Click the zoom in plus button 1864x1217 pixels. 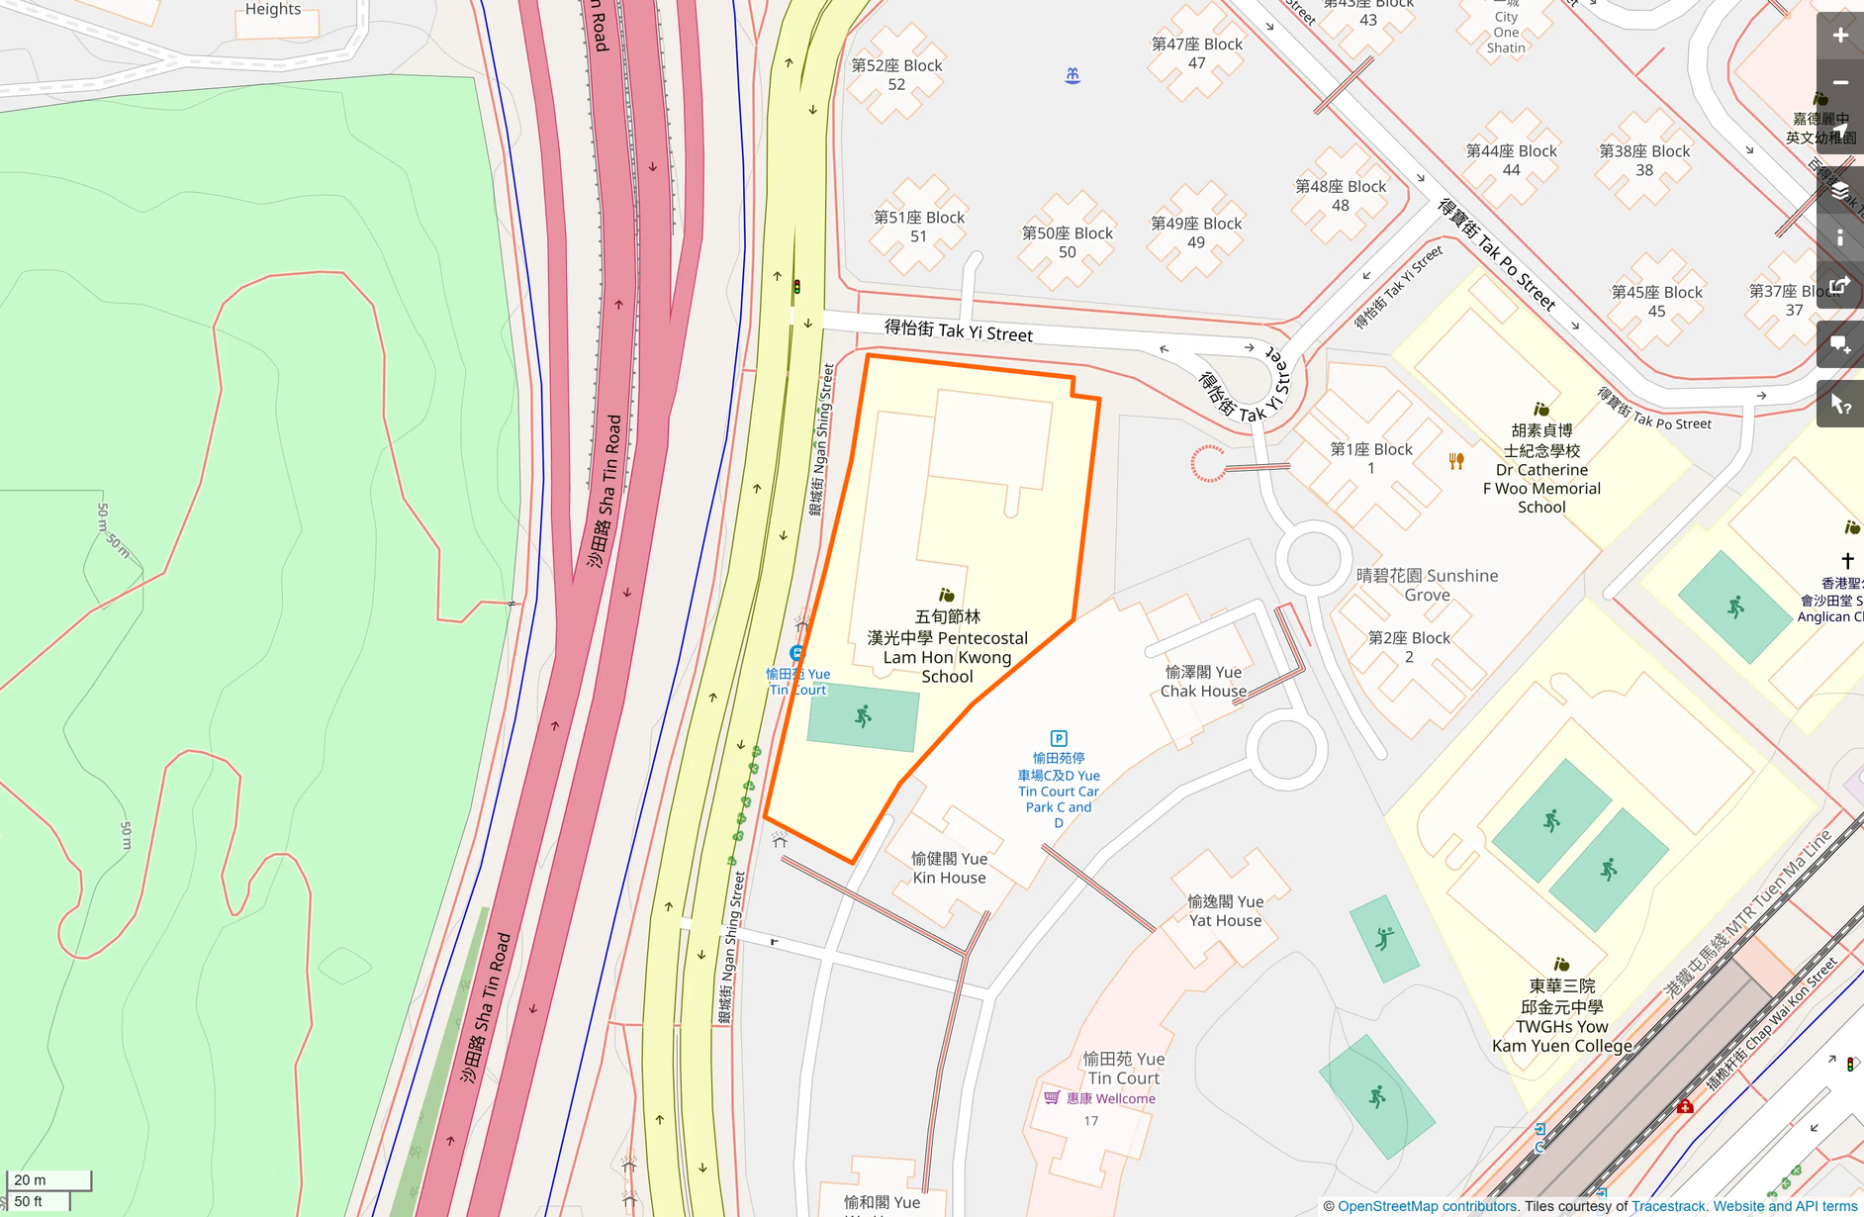(1839, 36)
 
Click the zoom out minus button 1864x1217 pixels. (1839, 83)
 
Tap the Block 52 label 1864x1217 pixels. (896, 75)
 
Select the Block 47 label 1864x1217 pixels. (1196, 53)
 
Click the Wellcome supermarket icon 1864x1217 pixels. (1052, 1097)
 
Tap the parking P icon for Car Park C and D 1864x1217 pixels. (1059, 738)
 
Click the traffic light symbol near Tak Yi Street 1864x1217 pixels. (796, 287)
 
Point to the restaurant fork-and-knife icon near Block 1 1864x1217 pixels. (1456, 461)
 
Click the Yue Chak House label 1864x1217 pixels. (1203, 682)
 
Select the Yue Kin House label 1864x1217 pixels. (949, 868)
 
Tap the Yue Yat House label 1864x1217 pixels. (1225, 910)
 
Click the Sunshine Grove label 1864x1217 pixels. (1427, 585)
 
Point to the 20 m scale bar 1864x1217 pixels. (48, 1179)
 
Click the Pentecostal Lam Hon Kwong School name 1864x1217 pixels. (947, 647)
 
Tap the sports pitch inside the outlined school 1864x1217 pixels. (863, 717)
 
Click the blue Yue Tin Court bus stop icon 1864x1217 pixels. (796, 653)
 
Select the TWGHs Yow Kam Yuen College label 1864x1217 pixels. (1561, 1016)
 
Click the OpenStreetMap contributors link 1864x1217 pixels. (1427, 1206)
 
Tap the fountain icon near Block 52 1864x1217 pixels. (1072, 75)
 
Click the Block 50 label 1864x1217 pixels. (1067, 242)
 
